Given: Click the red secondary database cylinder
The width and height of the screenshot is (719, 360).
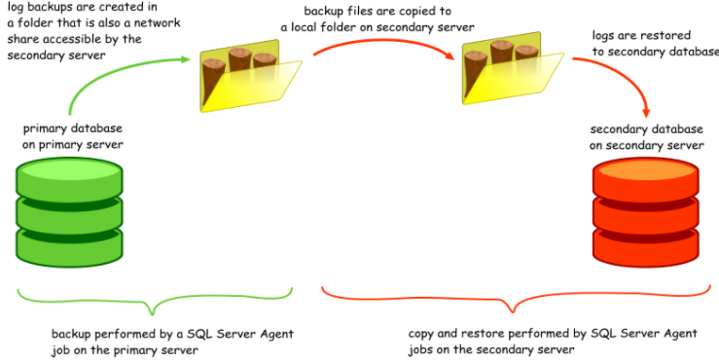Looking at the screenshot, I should (x=646, y=210).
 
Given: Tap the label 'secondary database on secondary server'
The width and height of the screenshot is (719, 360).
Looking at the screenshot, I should (x=646, y=136).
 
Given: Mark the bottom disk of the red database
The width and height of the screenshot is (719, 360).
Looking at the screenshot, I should (x=646, y=241).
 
